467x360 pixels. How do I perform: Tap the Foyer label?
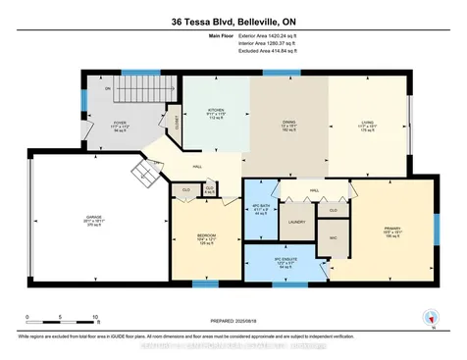click(x=122, y=125)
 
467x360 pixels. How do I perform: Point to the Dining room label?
click(x=289, y=125)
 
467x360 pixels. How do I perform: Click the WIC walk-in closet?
click(x=332, y=238)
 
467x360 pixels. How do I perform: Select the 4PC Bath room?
click(x=259, y=209)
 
